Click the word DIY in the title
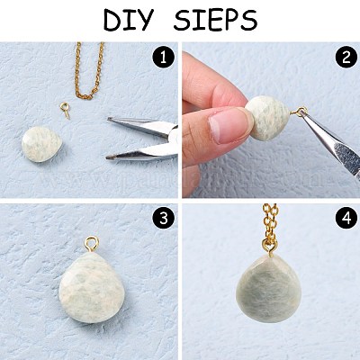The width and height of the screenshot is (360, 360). [129, 20]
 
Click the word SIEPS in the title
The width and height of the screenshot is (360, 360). [215, 20]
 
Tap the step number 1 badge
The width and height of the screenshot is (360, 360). [163, 58]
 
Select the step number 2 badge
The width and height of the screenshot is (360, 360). [346, 58]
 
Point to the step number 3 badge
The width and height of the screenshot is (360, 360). [163, 219]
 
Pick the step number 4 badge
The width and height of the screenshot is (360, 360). [346, 219]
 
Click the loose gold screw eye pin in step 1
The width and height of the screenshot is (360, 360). [65, 110]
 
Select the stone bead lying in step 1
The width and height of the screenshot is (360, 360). [41, 144]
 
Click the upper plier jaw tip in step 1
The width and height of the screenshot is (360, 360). [110, 120]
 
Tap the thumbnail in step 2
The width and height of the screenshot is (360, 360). [227, 126]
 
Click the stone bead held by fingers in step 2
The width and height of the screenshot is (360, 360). [268, 118]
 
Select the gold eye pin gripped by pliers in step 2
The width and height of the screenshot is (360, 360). [299, 112]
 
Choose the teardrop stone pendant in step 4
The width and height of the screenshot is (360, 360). [265, 288]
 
